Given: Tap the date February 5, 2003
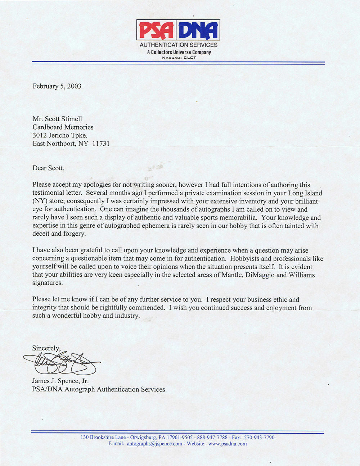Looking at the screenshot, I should coord(57,86).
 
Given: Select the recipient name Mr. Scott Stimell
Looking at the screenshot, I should coord(59,119).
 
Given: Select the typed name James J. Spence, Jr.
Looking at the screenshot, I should coord(60,381).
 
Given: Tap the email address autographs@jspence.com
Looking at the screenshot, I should coord(154,444).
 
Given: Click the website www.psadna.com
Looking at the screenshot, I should coord(228,444).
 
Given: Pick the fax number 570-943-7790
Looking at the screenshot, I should coord(259,438).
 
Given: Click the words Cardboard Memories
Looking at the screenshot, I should coord(63,127).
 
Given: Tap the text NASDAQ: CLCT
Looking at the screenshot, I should coord(179,58).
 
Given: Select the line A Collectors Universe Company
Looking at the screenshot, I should coord(179,53).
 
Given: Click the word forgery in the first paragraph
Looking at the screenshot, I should coord(74,234).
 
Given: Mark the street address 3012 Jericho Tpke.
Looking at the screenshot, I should coord(60,135).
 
